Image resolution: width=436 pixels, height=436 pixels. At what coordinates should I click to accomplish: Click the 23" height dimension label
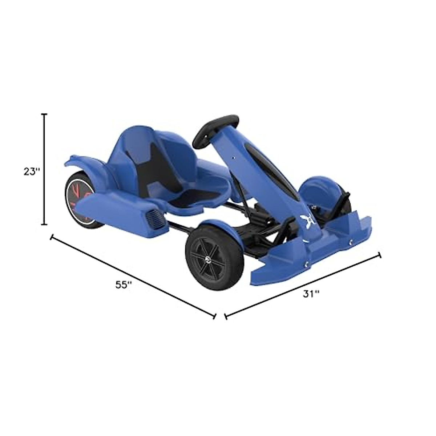[32, 172]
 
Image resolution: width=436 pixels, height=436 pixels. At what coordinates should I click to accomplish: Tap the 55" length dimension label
[124, 285]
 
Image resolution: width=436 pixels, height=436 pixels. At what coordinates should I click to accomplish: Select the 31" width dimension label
[311, 294]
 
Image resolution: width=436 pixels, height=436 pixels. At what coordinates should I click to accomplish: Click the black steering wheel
[215, 131]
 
